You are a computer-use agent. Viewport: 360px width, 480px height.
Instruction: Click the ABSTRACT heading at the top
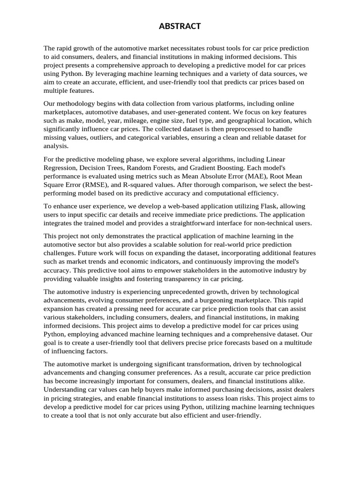point(180,26)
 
